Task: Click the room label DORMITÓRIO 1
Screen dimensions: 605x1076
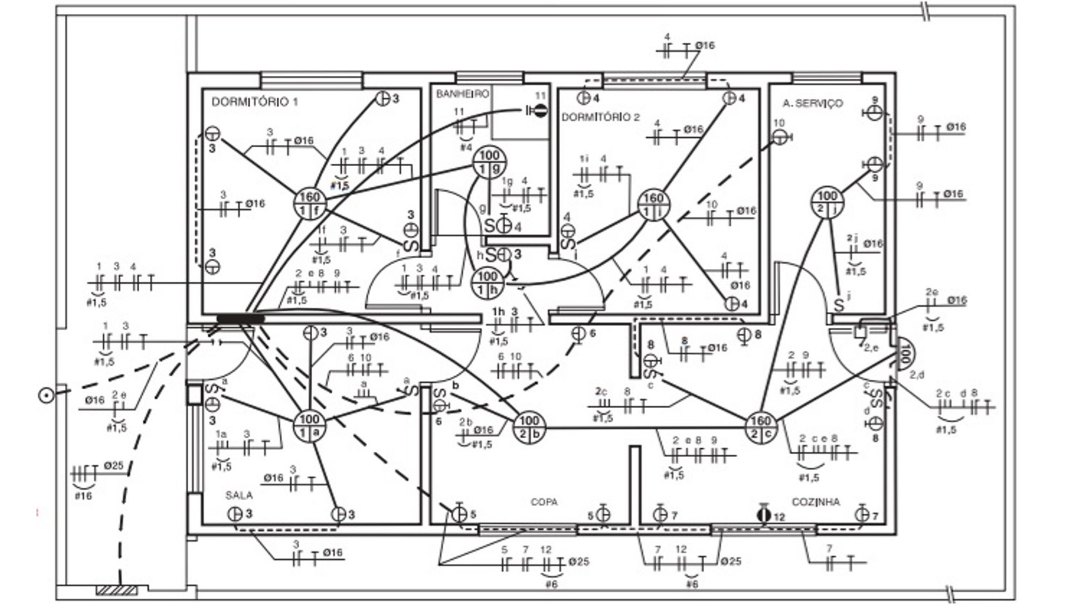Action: pos(254,102)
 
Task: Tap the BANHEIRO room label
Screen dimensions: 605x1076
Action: pos(462,94)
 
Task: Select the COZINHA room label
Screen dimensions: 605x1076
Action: pos(815,502)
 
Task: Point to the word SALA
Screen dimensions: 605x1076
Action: pos(239,495)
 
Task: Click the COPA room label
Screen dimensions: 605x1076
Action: pos(543,502)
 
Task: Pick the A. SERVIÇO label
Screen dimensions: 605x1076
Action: pos(812,103)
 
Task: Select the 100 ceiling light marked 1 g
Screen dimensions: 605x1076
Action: pos(489,163)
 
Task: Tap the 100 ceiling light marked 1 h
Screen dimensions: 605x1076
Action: pos(487,283)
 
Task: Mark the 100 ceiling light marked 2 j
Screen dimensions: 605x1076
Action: pos(827,202)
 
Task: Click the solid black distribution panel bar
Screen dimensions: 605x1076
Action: pos(240,318)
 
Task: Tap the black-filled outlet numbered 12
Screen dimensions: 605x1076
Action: pos(763,515)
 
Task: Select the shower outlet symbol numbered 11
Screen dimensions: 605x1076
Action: pos(539,110)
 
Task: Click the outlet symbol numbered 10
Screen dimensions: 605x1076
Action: pos(779,137)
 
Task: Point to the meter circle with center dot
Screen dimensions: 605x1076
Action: pos(46,395)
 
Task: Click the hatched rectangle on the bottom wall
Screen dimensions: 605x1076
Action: pos(117,590)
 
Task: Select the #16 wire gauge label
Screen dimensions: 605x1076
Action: pos(83,496)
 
